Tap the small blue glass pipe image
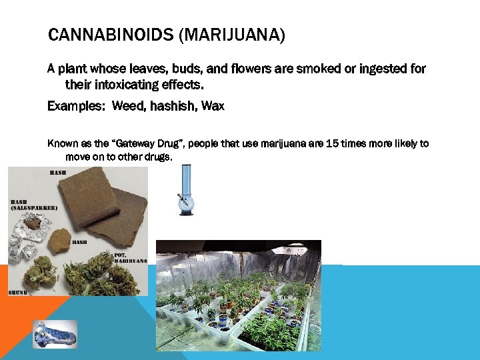click(55, 333)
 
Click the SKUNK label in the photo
click(19, 291)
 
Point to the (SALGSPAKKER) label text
click(33, 208)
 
